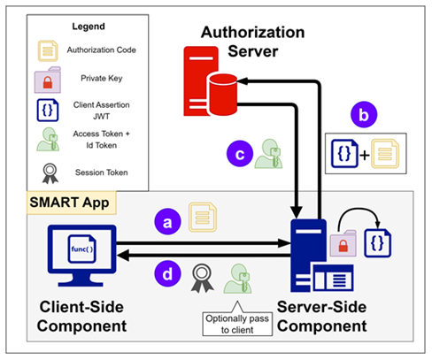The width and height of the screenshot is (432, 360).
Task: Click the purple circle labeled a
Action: coord(167,221)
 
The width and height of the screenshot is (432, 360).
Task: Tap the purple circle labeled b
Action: coord(364,115)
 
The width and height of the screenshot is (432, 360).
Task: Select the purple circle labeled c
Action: coord(240,154)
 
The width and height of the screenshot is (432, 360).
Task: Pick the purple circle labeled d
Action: coord(167,273)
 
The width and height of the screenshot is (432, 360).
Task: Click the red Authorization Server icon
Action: coord(211,81)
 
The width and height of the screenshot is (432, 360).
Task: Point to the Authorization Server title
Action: coord(252,42)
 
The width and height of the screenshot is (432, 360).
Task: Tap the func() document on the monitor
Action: coord(81,249)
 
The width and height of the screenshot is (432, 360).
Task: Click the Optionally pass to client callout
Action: coord(237,324)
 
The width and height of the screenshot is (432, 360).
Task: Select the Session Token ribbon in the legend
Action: coord(50,173)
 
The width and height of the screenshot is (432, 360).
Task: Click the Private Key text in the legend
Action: coord(102,79)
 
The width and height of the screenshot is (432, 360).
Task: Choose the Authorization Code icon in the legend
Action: coord(48,50)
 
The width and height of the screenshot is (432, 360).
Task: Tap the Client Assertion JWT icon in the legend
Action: coord(48,110)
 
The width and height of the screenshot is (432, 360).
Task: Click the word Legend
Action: coord(89,27)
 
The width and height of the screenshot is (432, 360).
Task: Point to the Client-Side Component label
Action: coord(81,317)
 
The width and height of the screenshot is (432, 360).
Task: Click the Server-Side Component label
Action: coord(322,317)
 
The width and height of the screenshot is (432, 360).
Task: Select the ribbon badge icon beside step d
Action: coord(202,279)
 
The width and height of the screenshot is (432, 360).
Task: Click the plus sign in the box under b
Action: coord(365,155)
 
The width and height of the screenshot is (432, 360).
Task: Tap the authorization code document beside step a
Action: coord(203,217)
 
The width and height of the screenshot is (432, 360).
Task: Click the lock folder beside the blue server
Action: coord(343,243)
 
